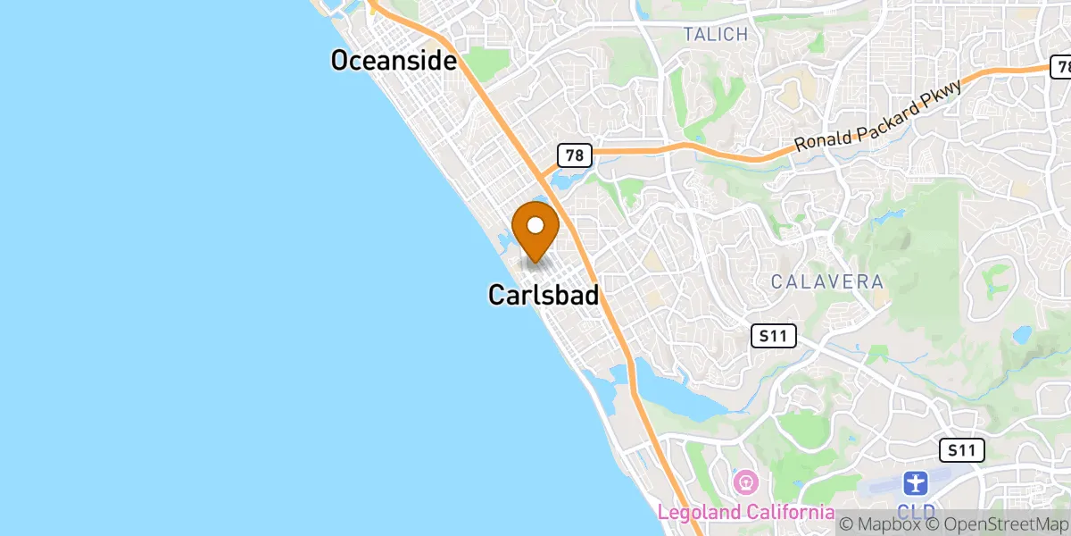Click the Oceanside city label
pyautogui.click(x=394, y=61)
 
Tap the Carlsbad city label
pyautogui.click(x=543, y=295)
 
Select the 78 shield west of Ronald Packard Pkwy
pyautogui.click(x=574, y=155)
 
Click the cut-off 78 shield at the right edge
pyautogui.click(x=1061, y=67)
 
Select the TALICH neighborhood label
pyautogui.click(x=714, y=35)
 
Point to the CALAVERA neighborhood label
pyautogui.click(x=827, y=282)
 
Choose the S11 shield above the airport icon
pyautogui.click(x=961, y=450)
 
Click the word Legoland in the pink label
pyautogui.click(x=699, y=514)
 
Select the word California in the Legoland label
pyautogui.click(x=789, y=514)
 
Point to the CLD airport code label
pyautogui.click(x=917, y=514)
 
